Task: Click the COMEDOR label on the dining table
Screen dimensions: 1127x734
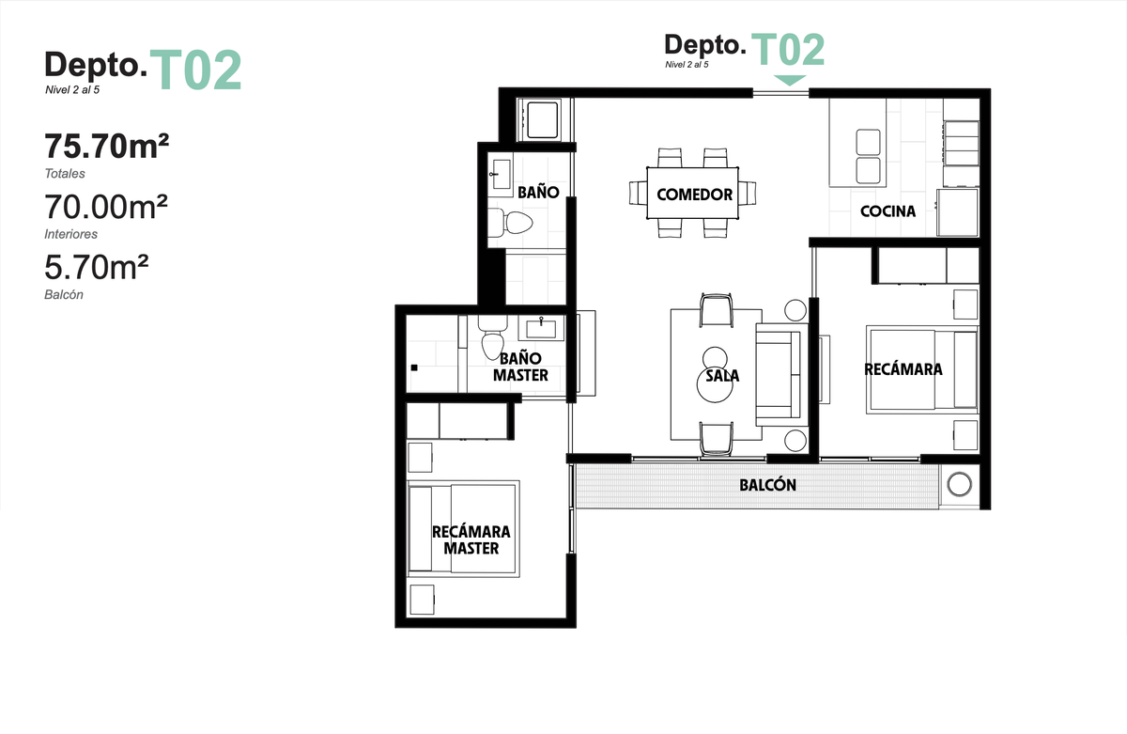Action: [x=694, y=195]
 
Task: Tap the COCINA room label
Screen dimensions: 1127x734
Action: [x=888, y=211]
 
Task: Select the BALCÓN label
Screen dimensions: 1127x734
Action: [x=768, y=485]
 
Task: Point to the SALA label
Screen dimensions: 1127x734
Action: [x=722, y=376]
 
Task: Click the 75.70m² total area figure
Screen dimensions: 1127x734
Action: [x=107, y=146]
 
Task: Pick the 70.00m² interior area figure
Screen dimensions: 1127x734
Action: [x=105, y=207]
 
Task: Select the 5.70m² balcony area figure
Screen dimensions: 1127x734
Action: [x=97, y=267]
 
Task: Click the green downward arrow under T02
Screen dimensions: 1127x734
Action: [x=790, y=80]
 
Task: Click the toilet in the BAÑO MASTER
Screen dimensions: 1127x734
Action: [x=492, y=337]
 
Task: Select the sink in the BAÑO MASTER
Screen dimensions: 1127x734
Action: [x=541, y=328]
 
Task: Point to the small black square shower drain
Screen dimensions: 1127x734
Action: [x=414, y=367]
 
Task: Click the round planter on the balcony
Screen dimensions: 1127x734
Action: [x=959, y=484]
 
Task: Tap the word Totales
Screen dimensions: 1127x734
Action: [x=65, y=174]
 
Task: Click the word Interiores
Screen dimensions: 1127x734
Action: [x=71, y=234]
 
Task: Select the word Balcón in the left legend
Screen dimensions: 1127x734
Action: [x=64, y=294]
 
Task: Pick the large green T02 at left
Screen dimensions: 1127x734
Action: [x=195, y=70]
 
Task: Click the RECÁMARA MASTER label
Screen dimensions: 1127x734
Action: [x=471, y=540]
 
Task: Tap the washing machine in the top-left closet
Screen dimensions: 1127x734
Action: [x=541, y=120]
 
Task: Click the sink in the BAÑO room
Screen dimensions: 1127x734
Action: [x=502, y=174]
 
